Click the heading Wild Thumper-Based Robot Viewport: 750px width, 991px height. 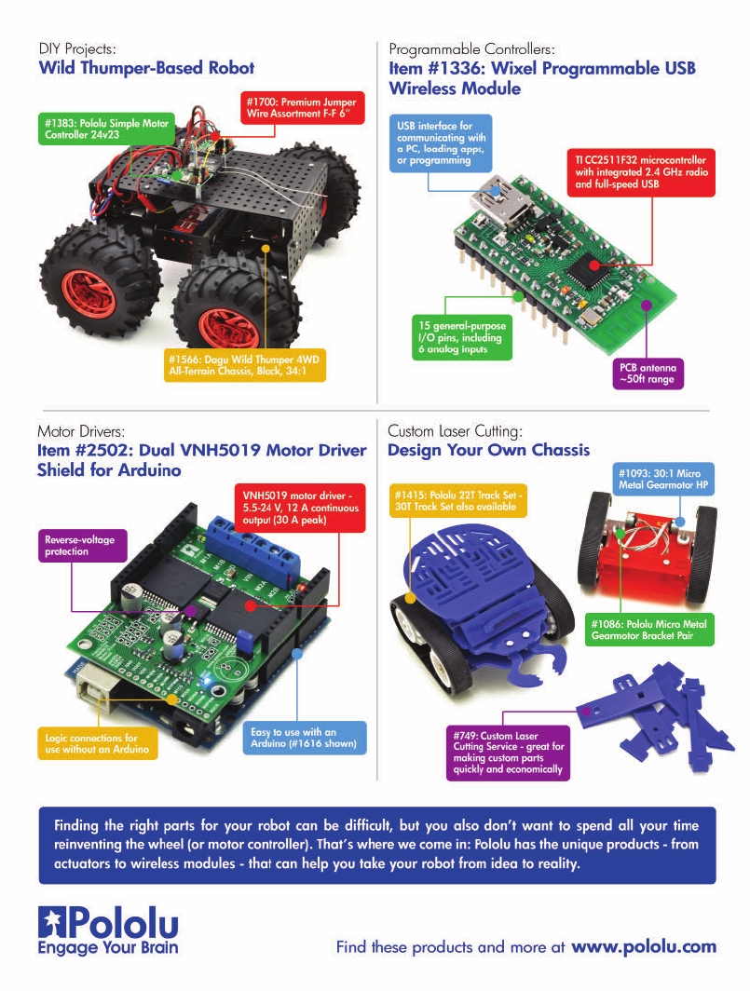click(x=146, y=68)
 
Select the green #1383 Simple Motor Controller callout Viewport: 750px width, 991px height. click(x=92, y=129)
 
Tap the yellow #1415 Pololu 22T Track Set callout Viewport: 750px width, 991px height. click(x=458, y=499)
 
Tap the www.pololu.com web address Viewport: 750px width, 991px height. click(x=644, y=946)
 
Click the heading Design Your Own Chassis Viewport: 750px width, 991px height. click(x=488, y=450)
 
